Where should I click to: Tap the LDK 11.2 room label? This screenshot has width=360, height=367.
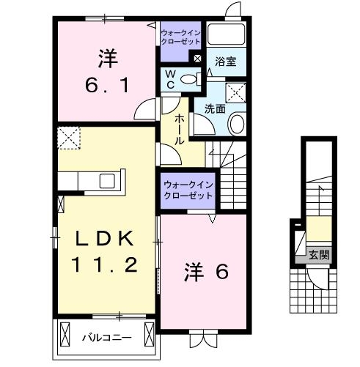[105, 251]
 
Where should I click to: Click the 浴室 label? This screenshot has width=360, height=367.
[225, 63]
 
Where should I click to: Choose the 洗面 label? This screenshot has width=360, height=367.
[214, 110]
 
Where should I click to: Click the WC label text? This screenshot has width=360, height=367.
[169, 79]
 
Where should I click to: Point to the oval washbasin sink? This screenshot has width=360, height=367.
[237, 124]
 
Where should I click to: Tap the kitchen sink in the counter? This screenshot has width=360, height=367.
[107, 180]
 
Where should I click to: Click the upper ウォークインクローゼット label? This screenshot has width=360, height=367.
[180, 37]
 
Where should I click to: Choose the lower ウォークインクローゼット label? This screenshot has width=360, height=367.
[188, 190]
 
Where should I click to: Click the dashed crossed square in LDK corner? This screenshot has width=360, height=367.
[69, 136]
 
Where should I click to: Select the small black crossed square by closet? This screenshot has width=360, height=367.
[196, 58]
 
